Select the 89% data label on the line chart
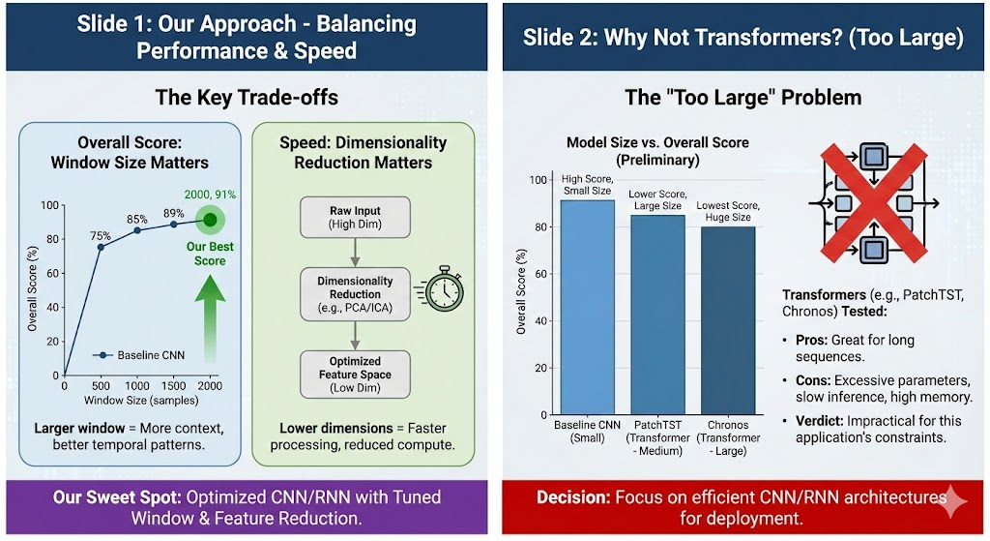pos(173,213)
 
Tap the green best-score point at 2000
pos(210,219)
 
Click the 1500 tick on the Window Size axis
pos(173,385)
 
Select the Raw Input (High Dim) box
pos(355,219)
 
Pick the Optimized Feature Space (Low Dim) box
pos(355,374)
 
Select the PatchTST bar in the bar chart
pos(657,316)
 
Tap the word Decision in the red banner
pos(569,497)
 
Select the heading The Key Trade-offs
pos(247,98)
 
